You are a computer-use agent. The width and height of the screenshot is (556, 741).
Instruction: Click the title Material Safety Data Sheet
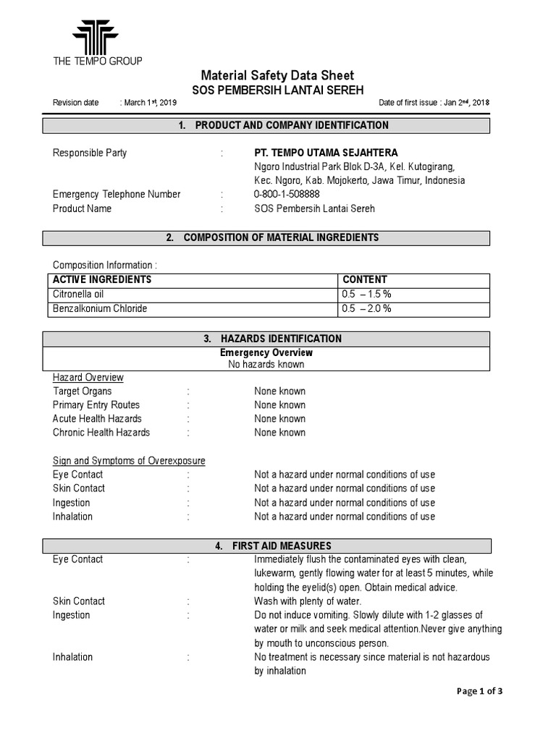pyautogui.click(x=277, y=75)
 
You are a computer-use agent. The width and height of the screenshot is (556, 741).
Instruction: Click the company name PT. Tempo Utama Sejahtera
pyautogui.click(x=326, y=153)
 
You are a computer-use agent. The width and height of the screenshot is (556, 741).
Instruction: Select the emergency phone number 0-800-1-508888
pyautogui.click(x=287, y=194)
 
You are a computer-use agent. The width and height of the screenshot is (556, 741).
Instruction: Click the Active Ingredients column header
pyautogui.click(x=102, y=279)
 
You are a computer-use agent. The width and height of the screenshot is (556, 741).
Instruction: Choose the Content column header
pyautogui.click(x=365, y=279)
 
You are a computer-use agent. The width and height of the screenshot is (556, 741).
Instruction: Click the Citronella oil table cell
pyautogui.click(x=79, y=294)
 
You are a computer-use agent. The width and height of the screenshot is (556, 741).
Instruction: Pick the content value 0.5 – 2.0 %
pyautogui.click(x=366, y=308)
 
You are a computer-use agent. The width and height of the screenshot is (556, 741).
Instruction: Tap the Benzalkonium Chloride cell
pyautogui.click(x=100, y=308)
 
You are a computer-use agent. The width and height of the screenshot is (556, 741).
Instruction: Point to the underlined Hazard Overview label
pyautogui.click(x=88, y=377)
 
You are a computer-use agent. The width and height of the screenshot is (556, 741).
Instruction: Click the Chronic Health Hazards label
pyautogui.click(x=101, y=433)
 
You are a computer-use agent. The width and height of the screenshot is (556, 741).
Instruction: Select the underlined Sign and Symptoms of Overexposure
pyautogui.click(x=129, y=461)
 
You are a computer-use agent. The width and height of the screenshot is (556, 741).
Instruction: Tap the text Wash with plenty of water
pyautogui.click(x=308, y=601)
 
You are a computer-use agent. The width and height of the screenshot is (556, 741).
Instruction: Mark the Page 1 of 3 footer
pyautogui.click(x=479, y=691)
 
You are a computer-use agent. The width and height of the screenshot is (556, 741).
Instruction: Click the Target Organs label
pyautogui.click(x=83, y=391)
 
